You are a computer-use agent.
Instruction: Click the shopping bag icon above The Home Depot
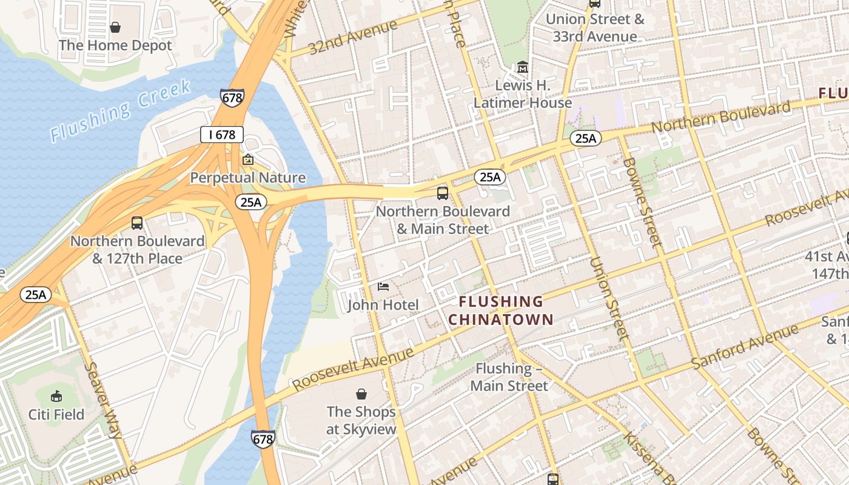click(x=115, y=27)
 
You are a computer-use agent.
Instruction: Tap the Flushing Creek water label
click(x=120, y=110)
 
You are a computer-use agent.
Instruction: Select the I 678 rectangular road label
click(x=222, y=135)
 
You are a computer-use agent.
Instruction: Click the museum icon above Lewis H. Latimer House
click(x=523, y=67)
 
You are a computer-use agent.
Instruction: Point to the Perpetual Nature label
click(x=247, y=178)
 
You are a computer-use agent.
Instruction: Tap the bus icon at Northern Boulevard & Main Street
click(x=443, y=193)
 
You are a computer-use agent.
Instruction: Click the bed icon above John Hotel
click(x=383, y=286)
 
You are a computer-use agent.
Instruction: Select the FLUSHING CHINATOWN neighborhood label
click(x=501, y=310)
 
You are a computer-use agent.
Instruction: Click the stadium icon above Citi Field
click(x=56, y=396)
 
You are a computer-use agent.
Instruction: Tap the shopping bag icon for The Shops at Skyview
click(x=361, y=394)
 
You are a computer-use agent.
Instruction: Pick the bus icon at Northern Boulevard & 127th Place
click(x=137, y=223)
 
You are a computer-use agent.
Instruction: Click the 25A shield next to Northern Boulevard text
click(x=586, y=138)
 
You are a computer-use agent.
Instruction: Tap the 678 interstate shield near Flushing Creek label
click(x=232, y=97)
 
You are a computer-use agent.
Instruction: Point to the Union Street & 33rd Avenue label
click(x=594, y=27)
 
